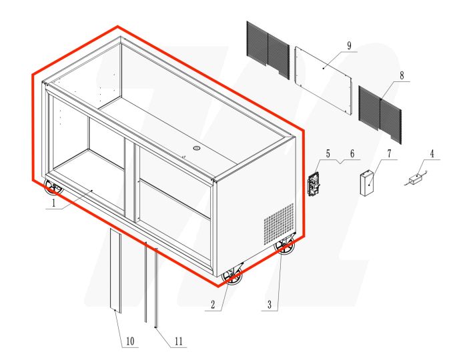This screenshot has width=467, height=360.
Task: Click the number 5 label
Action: [x=328, y=155]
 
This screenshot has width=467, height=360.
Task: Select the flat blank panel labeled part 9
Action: [x=324, y=79]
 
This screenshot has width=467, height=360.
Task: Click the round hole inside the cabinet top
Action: [x=197, y=147]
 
